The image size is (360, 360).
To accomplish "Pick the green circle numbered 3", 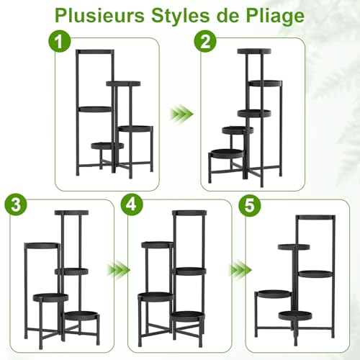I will (x=14, y=205).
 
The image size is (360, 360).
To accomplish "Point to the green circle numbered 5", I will (x=249, y=205).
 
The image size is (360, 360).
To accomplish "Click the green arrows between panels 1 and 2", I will (x=181, y=114).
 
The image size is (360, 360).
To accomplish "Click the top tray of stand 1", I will (x=96, y=51).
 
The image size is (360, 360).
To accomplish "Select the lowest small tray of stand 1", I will (x=107, y=145).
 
